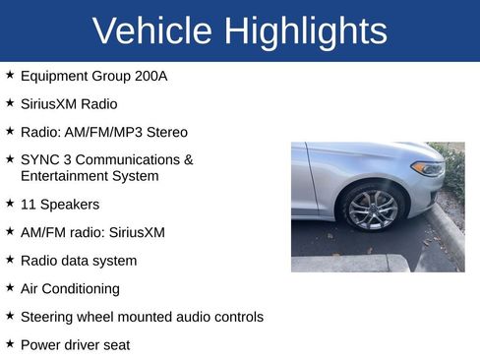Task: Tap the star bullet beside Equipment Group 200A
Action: [10, 75]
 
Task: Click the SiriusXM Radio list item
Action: [69, 103]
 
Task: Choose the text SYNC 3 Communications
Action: [106, 159]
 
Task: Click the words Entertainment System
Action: [90, 176]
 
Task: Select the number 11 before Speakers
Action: [29, 205]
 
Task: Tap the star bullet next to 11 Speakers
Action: [10, 204]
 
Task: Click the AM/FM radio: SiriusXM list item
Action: [92, 233]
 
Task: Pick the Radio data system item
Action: [79, 261]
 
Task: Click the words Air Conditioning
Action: [70, 289]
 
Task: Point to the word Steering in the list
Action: [48, 317]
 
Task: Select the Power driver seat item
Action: [75, 345]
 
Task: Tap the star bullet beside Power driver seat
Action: [10, 344]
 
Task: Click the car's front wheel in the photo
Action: [374, 208]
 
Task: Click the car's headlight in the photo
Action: [428, 168]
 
